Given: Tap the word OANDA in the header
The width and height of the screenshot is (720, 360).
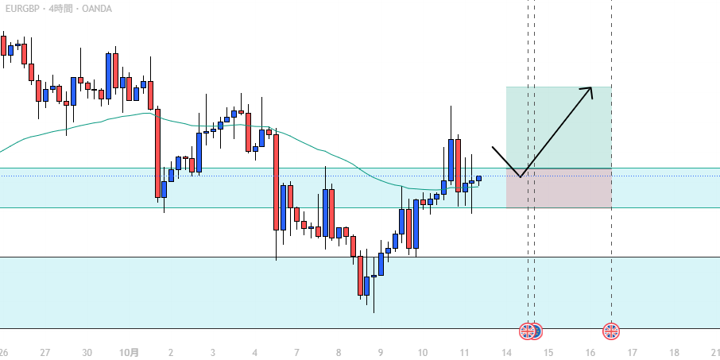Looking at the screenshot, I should tap(97, 9).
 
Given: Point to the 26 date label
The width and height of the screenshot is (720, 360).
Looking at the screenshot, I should tap(3, 352).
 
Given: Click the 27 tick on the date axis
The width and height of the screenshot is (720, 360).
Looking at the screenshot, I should tap(45, 352).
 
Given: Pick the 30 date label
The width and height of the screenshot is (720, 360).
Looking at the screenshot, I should tap(87, 352).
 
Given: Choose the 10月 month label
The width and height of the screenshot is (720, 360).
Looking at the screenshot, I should tap(129, 352).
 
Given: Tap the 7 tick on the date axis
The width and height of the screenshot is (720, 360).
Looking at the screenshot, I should tap(296, 352).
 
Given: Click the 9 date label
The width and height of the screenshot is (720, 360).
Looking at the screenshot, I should tap(381, 352).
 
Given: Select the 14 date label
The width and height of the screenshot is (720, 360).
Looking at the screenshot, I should tap(506, 352).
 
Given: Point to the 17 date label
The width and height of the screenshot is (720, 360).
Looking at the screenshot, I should tap(633, 352).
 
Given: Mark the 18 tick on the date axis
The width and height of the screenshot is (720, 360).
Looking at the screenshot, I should tap(675, 352).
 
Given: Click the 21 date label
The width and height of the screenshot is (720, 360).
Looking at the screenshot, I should tap(714, 352).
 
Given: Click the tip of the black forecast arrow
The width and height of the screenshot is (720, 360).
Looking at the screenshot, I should tap(591, 87).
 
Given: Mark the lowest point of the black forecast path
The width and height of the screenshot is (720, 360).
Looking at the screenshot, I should tap(520, 176).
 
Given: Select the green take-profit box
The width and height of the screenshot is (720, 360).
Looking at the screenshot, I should tap(559, 127).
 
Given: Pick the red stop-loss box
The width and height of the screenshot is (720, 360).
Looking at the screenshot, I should tap(559, 188).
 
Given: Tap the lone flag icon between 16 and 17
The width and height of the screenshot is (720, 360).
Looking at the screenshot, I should tap(611, 331).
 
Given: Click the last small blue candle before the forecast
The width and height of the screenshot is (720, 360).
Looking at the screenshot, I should tap(479, 178).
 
